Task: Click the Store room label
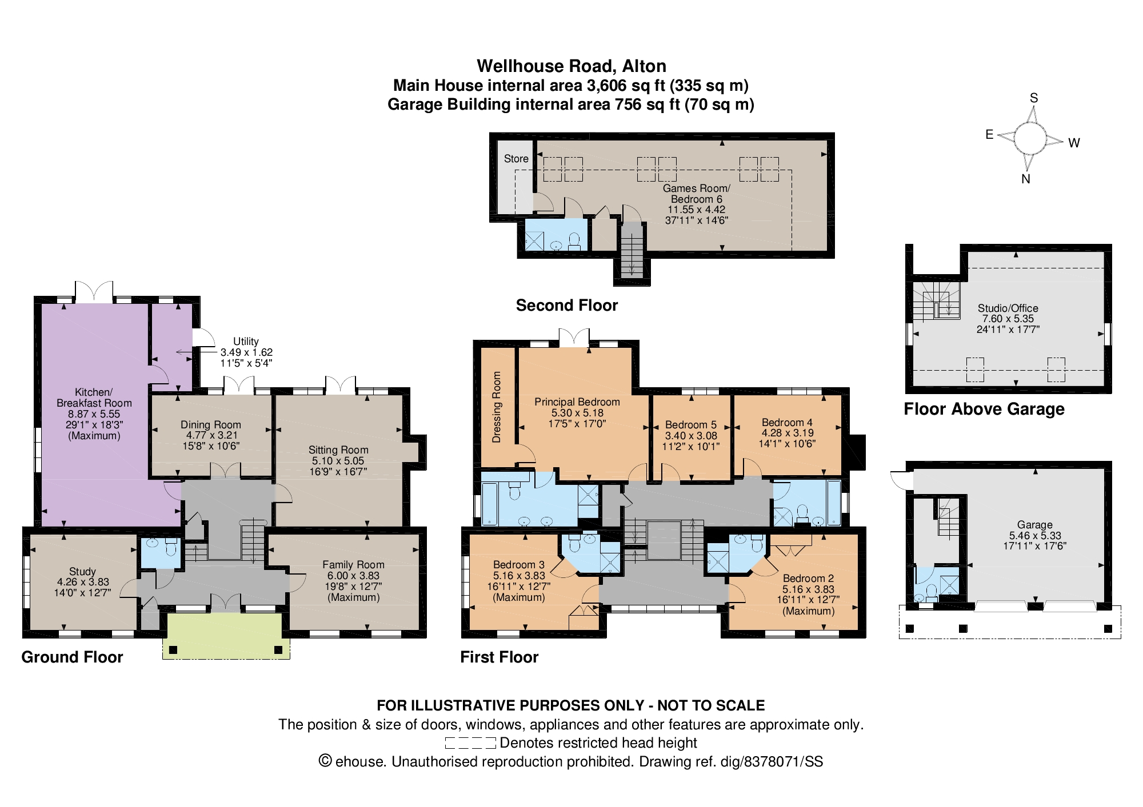click(516, 159)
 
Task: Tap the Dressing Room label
click(497, 407)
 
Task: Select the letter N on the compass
click(1026, 179)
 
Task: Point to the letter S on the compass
click(1034, 98)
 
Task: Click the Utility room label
click(246, 342)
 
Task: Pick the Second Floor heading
click(567, 306)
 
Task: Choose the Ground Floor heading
click(72, 657)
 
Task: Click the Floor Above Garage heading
click(984, 409)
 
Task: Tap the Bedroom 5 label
click(691, 425)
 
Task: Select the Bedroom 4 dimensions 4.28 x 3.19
click(788, 433)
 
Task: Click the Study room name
click(82, 572)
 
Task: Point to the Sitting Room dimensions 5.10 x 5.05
click(338, 461)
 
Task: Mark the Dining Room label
click(211, 425)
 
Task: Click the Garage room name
click(1035, 525)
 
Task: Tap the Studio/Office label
click(1008, 308)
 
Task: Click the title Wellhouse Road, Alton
click(571, 66)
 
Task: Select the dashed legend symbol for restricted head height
click(470, 743)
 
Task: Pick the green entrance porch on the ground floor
click(226, 636)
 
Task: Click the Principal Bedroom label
click(577, 402)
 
